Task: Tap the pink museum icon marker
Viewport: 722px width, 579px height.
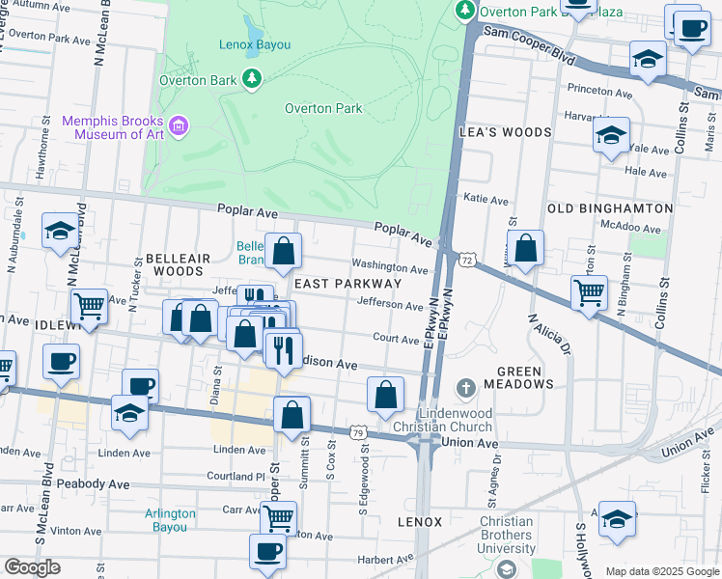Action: point(178,124)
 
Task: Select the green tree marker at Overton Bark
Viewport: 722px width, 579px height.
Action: point(252,78)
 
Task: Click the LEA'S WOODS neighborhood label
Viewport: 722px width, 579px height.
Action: point(506,132)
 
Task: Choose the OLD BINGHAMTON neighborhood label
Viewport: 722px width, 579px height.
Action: point(609,208)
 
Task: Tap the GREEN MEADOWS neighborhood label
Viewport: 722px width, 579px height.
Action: point(525,377)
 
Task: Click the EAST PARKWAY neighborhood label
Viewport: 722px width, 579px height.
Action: point(347,284)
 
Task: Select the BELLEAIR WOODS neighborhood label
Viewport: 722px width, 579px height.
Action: point(175,265)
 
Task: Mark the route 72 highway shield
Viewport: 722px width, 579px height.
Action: point(467,261)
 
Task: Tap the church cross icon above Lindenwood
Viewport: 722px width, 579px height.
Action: point(465,389)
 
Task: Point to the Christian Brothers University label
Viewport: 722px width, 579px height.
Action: point(506,535)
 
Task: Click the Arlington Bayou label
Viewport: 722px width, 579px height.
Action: point(170,521)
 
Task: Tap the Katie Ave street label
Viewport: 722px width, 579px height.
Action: point(486,200)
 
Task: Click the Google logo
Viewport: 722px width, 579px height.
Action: point(32,567)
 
